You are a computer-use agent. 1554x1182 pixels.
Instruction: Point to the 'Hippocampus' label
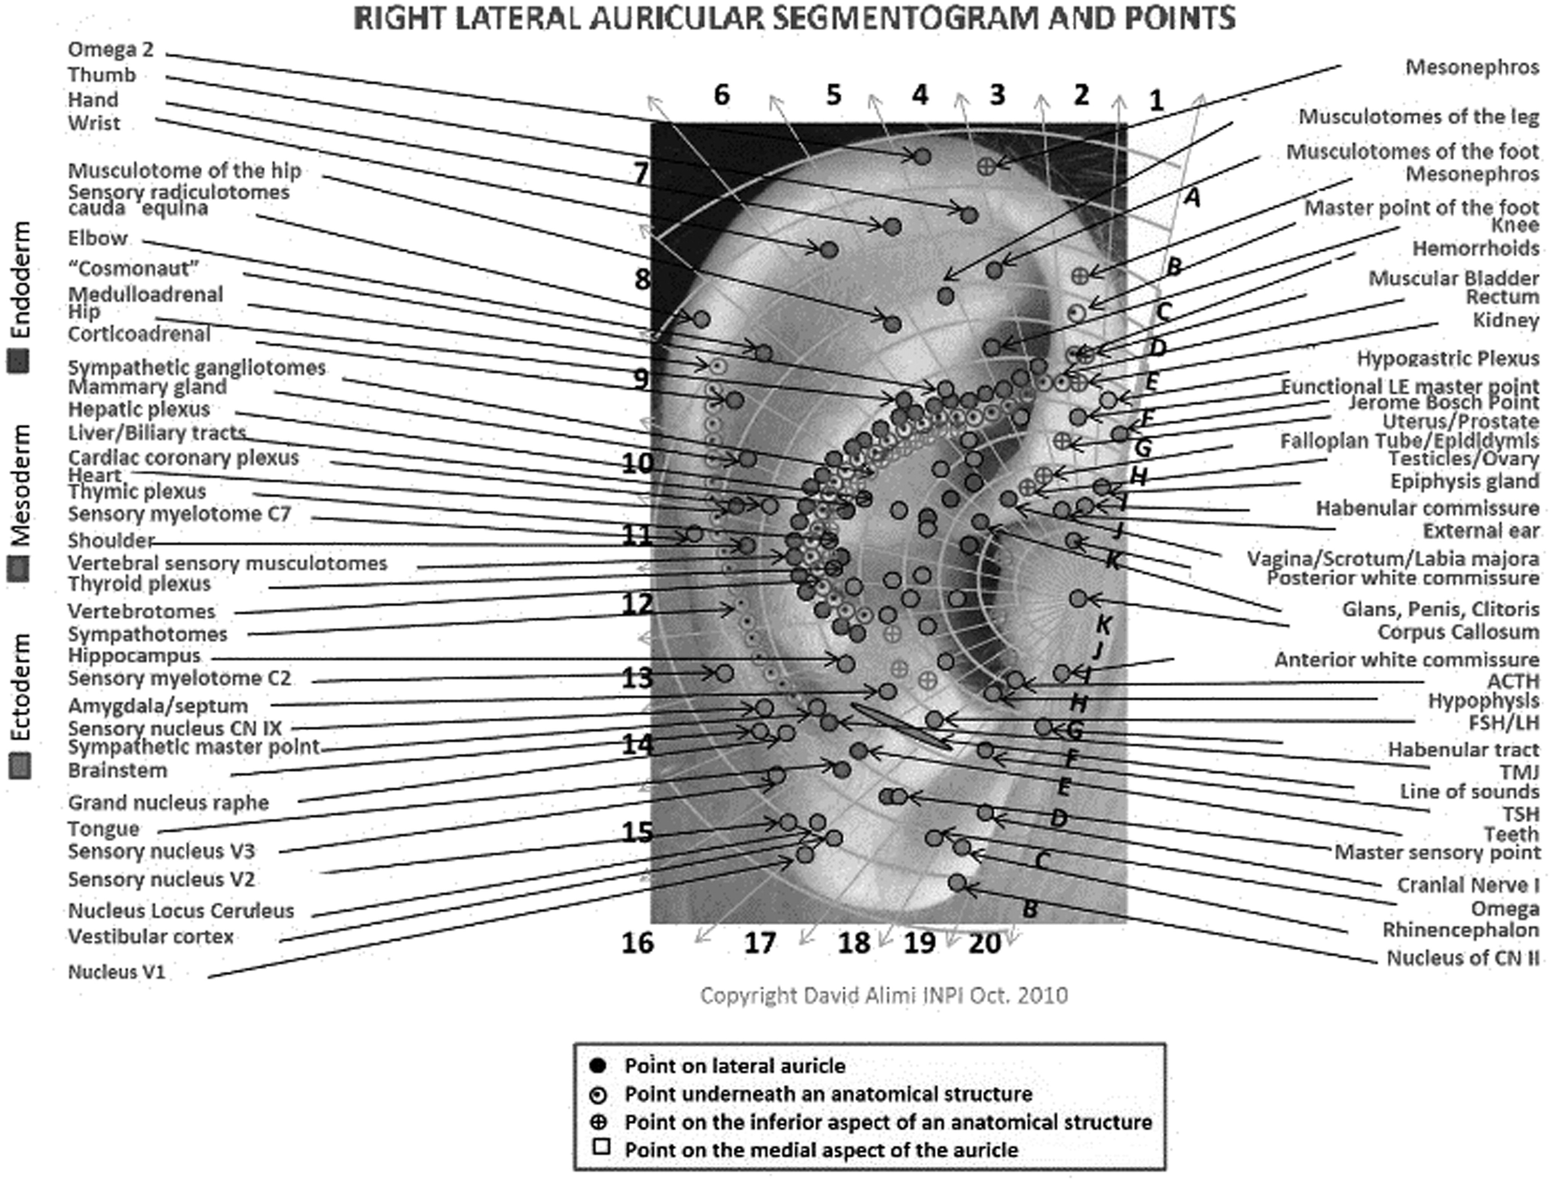click(134, 656)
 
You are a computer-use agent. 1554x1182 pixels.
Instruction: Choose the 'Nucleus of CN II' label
click(1463, 958)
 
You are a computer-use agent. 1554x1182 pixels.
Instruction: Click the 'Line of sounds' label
click(1469, 791)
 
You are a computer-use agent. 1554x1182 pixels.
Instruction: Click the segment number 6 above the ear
click(721, 95)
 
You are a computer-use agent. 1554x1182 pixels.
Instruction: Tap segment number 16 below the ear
click(637, 943)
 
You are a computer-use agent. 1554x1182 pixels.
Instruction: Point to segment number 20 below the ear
click(984, 943)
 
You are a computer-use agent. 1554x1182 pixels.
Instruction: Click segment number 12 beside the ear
click(637, 604)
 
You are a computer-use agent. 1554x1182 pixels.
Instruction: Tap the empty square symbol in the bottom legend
click(600, 1147)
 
